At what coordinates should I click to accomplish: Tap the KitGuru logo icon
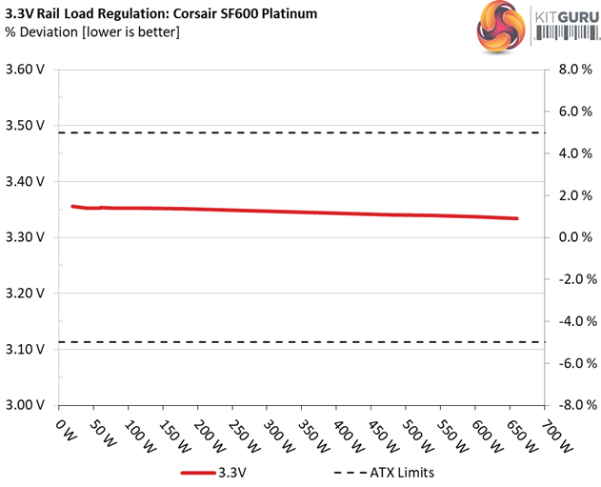tap(494, 28)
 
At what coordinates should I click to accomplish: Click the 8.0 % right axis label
tap(574, 70)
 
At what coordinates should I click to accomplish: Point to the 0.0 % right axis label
tap(574, 236)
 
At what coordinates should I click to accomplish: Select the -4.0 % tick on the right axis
tap(572, 320)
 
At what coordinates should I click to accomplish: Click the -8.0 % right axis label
tap(572, 404)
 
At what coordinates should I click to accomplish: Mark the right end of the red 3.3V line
tap(517, 218)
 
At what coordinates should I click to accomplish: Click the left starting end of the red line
tap(72, 206)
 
